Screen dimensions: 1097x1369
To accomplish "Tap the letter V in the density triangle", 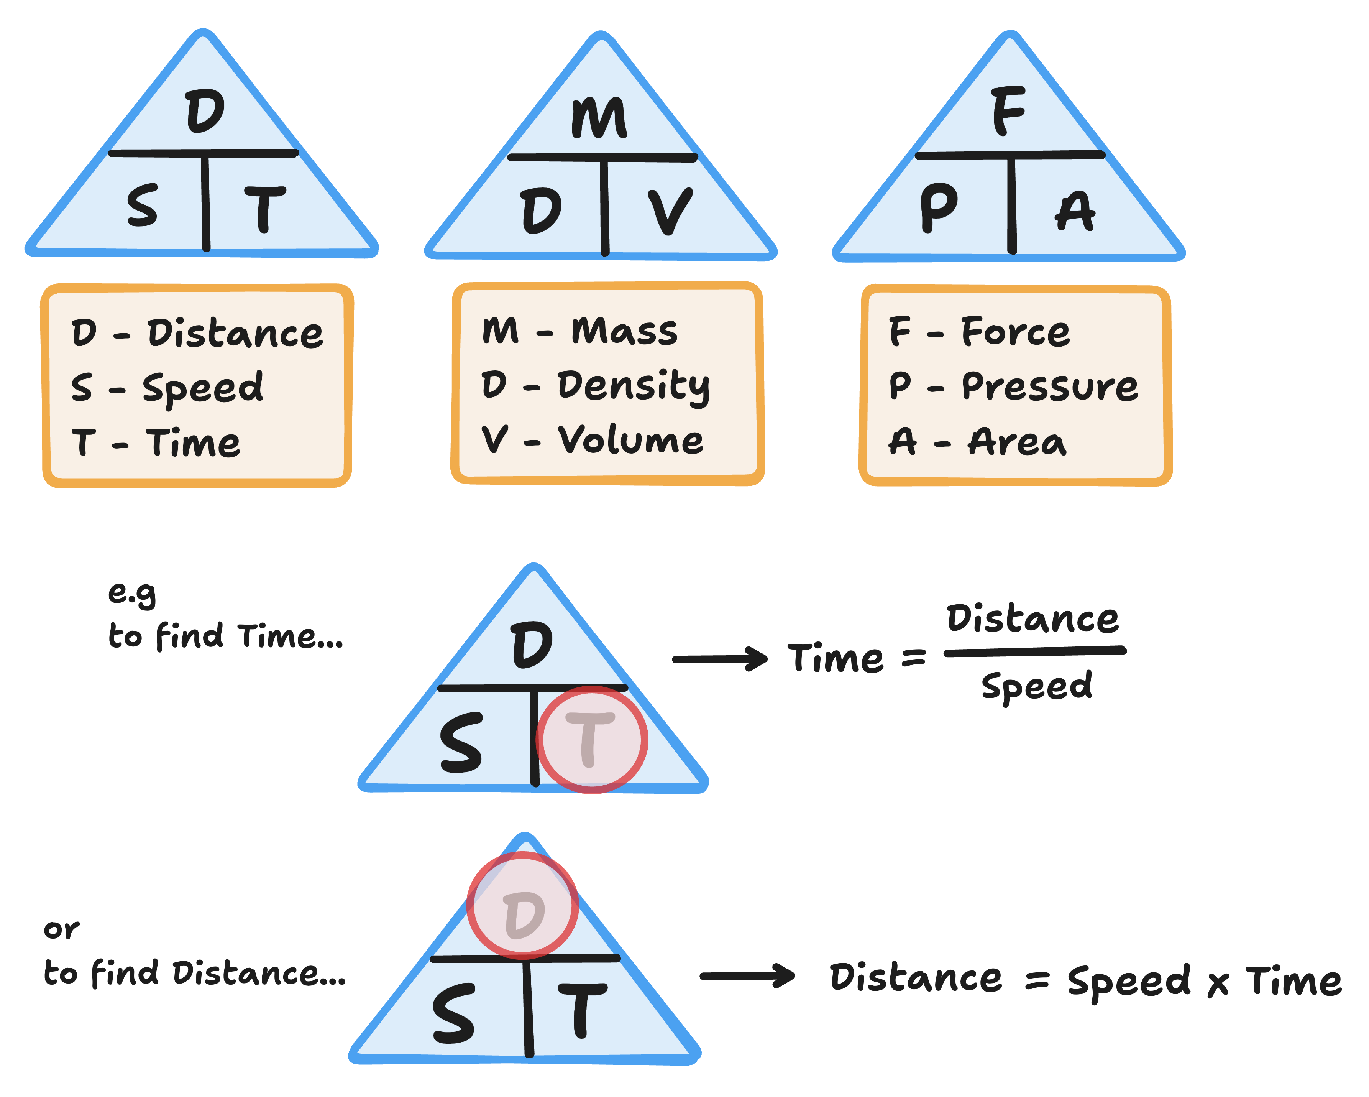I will click(670, 212).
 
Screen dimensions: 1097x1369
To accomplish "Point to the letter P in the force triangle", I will click(939, 207).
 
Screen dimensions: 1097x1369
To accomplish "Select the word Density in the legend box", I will click(634, 386).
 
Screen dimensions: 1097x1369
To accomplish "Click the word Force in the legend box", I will click(1015, 332).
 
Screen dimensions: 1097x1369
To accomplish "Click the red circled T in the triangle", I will click(591, 739).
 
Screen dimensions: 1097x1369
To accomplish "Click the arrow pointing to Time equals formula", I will click(720, 660).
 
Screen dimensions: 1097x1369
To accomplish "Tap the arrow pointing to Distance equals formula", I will click(747, 976).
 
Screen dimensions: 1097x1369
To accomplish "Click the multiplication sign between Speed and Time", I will click(1218, 983).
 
